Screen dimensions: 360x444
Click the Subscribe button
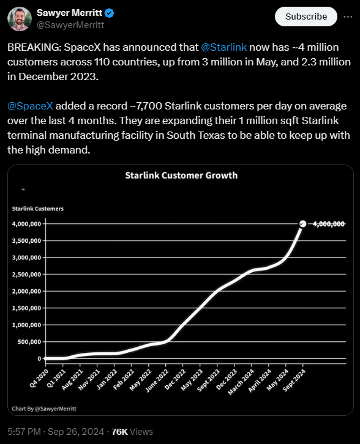pos(306,17)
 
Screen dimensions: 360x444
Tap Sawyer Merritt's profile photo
pos(20,19)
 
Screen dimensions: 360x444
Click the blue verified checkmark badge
pos(110,13)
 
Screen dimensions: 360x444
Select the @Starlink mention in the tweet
pos(223,47)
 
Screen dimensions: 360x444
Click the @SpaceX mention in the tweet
pos(30,106)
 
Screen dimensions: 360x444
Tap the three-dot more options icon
pos(348,17)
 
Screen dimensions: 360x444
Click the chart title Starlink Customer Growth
pos(181,176)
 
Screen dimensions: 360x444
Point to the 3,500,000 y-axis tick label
pos(26,241)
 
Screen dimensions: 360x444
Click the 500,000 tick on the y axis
pos(29,342)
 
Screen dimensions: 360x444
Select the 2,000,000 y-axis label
pos(26,291)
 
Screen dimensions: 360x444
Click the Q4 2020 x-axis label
pos(39,378)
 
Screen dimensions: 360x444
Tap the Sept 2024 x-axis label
pos(294,380)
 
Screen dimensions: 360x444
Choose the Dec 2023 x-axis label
pos(226,379)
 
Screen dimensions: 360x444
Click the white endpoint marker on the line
pos(302,224)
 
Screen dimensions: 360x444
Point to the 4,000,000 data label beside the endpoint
pos(329,224)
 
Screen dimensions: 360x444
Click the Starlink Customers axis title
pos(38,209)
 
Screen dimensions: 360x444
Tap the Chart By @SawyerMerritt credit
pos(44,409)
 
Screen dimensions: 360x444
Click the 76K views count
pos(132,432)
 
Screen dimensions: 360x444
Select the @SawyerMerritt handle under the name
pos(70,25)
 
